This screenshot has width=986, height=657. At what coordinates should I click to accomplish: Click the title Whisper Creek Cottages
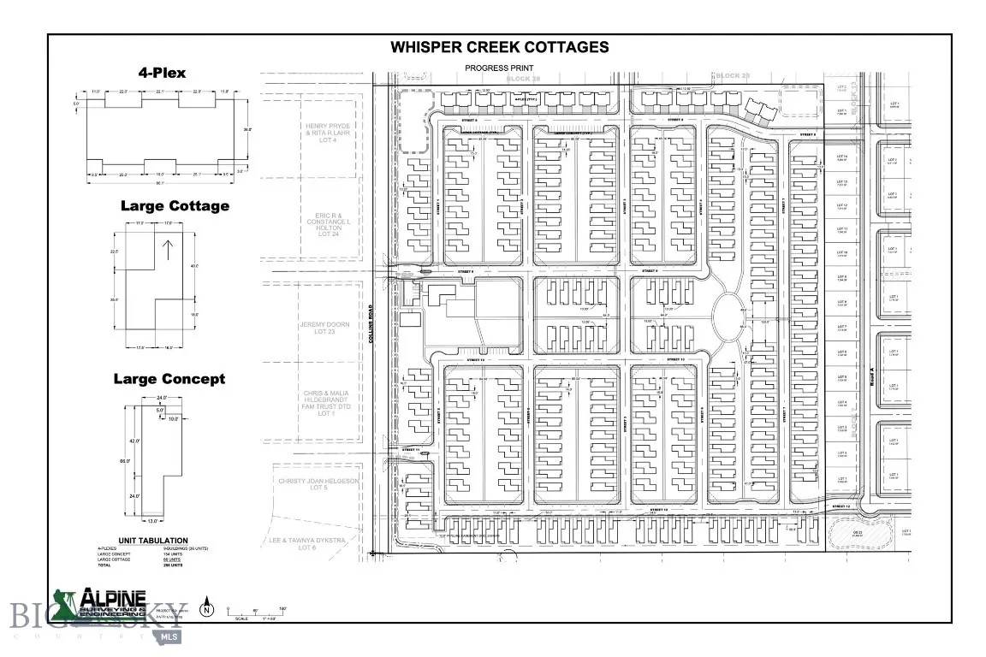[x=500, y=47]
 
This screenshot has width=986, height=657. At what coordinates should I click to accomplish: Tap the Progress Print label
[x=498, y=68]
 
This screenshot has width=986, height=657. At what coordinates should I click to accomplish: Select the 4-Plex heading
[x=163, y=73]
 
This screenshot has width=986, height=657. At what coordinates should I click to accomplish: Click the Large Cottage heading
[x=175, y=205]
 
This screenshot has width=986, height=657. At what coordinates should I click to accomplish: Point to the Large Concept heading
[x=169, y=378]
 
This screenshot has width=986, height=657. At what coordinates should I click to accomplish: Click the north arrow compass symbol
[x=206, y=610]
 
